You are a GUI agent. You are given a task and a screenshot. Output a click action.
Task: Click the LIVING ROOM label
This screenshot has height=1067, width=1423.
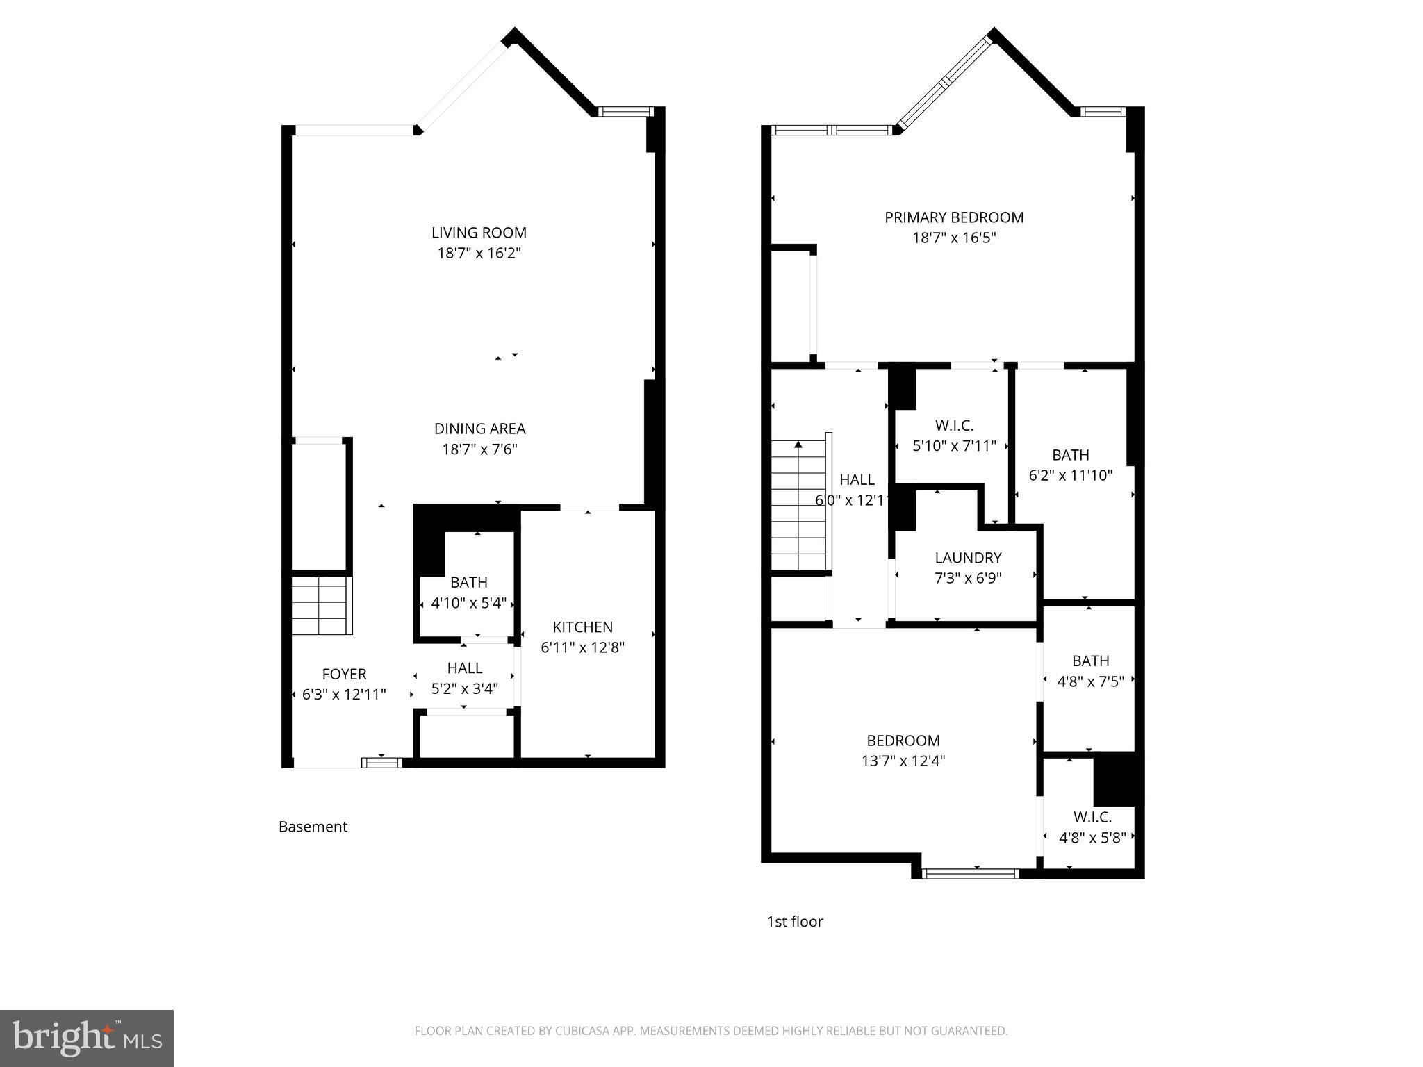click(x=479, y=233)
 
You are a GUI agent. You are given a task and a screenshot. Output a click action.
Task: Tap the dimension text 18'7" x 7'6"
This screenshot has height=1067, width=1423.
click(x=479, y=449)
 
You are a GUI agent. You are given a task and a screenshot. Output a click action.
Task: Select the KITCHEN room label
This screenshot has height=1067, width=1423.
click(x=582, y=627)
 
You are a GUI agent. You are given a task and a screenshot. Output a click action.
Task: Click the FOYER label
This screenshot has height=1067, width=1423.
click(x=344, y=674)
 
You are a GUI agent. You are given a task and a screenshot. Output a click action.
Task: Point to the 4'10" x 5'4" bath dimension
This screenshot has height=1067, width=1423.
click(x=468, y=603)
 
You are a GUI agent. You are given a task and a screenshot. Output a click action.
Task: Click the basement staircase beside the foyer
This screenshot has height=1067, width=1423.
click(x=319, y=605)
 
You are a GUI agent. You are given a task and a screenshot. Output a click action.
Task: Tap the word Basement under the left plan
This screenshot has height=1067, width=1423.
click(x=313, y=827)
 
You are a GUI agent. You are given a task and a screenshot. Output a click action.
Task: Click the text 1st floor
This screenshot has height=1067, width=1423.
click(x=794, y=922)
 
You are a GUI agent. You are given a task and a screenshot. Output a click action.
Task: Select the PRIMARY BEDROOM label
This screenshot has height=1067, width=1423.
click(x=953, y=217)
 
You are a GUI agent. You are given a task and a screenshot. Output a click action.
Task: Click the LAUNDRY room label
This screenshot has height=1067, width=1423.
click(x=968, y=558)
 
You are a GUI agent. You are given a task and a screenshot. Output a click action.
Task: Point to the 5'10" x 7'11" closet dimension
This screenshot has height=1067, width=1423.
click(x=953, y=446)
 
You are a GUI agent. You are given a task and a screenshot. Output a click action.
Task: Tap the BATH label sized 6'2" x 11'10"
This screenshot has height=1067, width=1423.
click(x=1070, y=455)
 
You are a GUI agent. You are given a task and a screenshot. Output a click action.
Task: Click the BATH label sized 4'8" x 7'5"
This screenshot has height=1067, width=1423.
click(x=1090, y=661)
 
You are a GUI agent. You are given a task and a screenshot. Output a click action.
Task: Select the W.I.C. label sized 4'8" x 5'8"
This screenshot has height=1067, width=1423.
click(x=1092, y=817)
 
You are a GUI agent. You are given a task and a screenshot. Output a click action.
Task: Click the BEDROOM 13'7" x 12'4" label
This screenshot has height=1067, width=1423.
click(x=903, y=741)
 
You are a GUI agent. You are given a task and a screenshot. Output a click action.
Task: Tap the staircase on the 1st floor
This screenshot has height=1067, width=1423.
click(x=799, y=507)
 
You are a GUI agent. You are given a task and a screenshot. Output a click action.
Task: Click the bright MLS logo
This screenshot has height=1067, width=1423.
click(x=87, y=1038)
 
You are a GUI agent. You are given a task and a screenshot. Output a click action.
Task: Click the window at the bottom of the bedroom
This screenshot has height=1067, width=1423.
click(x=970, y=873)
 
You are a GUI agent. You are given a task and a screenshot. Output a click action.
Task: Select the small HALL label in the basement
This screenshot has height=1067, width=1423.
click(x=464, y=668)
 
